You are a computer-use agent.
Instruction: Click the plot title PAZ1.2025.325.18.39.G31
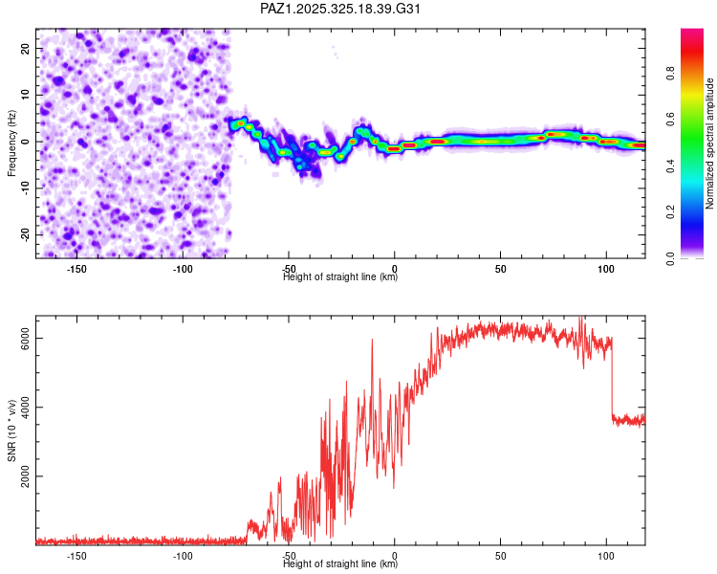[x=341, y=9]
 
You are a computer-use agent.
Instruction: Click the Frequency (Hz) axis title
[x=11, y=143]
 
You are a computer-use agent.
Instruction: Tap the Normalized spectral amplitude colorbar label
[x=710, y=143]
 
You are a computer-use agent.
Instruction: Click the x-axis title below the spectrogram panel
[x=341, y=277]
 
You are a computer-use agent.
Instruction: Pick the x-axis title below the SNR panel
[x=341, y=564]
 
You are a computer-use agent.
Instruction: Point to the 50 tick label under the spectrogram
[x=500, y=268]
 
